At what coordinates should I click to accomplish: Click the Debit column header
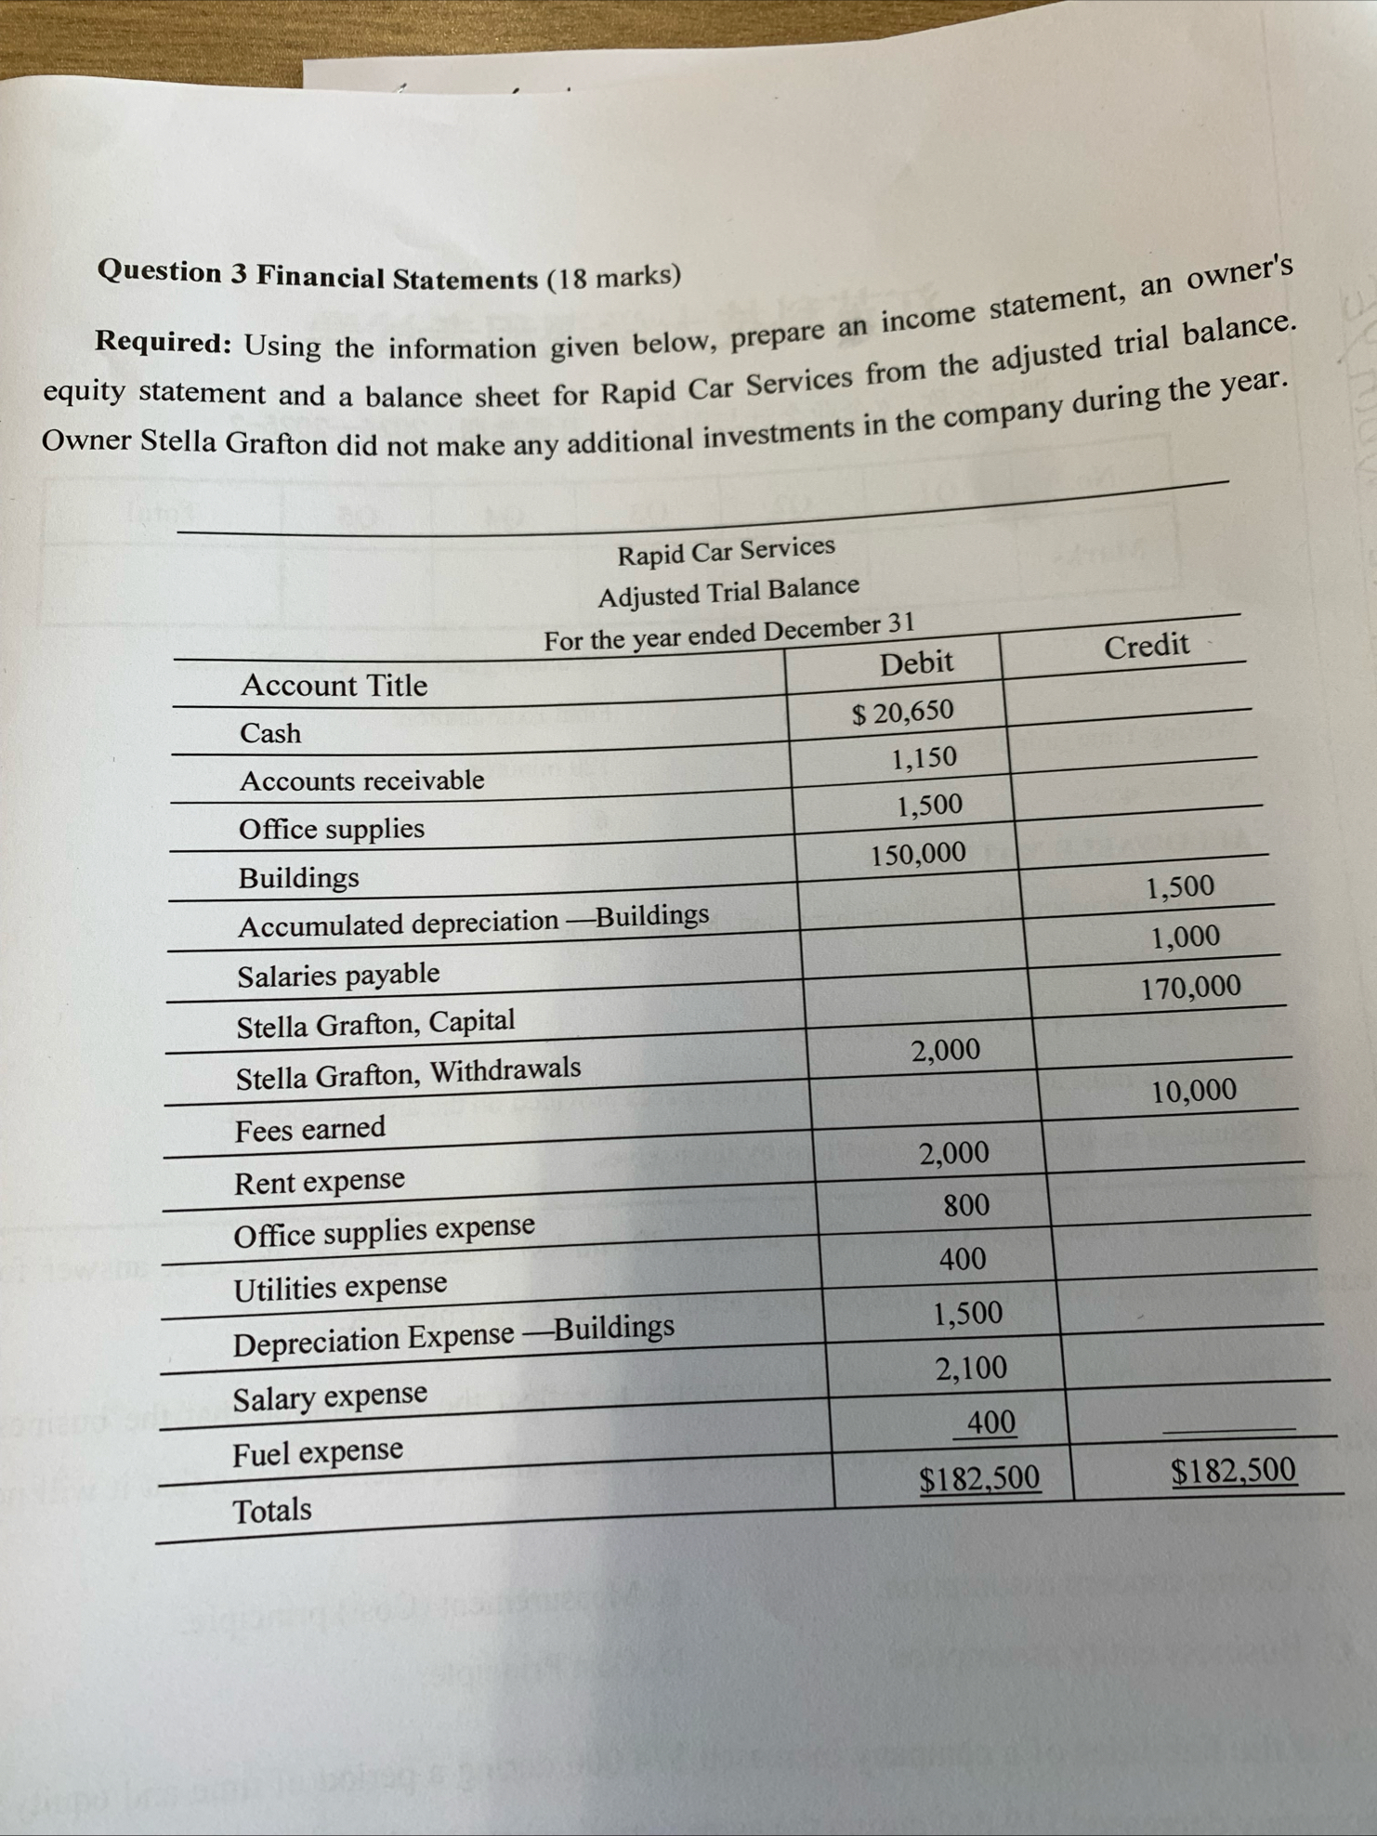coord(916,663)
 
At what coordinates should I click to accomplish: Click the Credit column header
coord(1147,645)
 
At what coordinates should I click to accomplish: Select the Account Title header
coord(334,686)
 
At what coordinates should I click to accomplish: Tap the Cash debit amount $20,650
coord(903,712)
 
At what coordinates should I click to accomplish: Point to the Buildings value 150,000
coord(918,853)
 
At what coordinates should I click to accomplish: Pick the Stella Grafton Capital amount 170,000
coord(1191,987)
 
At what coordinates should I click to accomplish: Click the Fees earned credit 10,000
coord(1194,1091)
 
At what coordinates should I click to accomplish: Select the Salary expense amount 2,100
coord(971,1369)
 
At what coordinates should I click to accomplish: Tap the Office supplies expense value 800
coord(966,1206)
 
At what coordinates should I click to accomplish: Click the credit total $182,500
coord(1233,1471)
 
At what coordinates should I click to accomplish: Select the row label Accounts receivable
coord(361,780)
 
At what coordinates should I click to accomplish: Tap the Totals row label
coord(272,1511)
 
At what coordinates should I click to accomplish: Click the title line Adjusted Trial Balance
coord(728,591)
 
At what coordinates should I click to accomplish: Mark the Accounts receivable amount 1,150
coord(924,758)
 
